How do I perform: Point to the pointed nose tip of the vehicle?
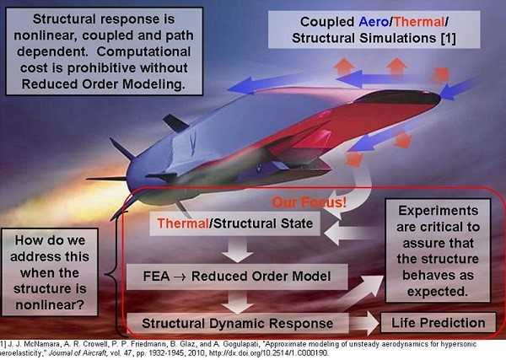point(438,98)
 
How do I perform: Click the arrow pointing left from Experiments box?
point(363,238)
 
